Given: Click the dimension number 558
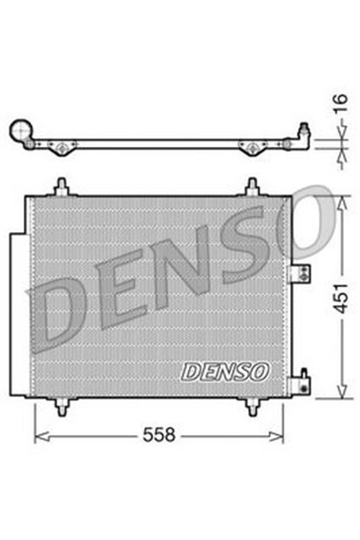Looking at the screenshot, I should click(159, 436).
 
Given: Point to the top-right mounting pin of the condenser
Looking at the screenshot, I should click(252, 186).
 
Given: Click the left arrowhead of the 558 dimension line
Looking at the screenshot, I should click(39, 436).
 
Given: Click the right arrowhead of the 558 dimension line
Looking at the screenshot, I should click(280, 436).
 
